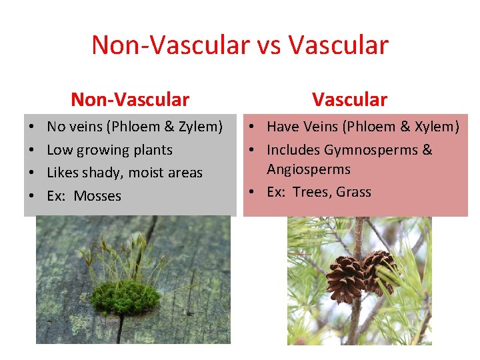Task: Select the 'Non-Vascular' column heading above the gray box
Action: [x=130, y=99]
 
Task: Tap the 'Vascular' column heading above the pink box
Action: [x=349, y=99]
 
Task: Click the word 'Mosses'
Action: [x=97, y=196]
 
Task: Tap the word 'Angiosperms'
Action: [x=309, y=169]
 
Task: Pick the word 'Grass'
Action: [x=353, y=192]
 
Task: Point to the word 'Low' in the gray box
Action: [x=59, y=150]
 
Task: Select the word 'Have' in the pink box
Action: [x=283, y=127]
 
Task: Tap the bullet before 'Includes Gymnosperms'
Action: [x=254, y=150]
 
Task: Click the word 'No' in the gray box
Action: [x=56, y=127]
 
